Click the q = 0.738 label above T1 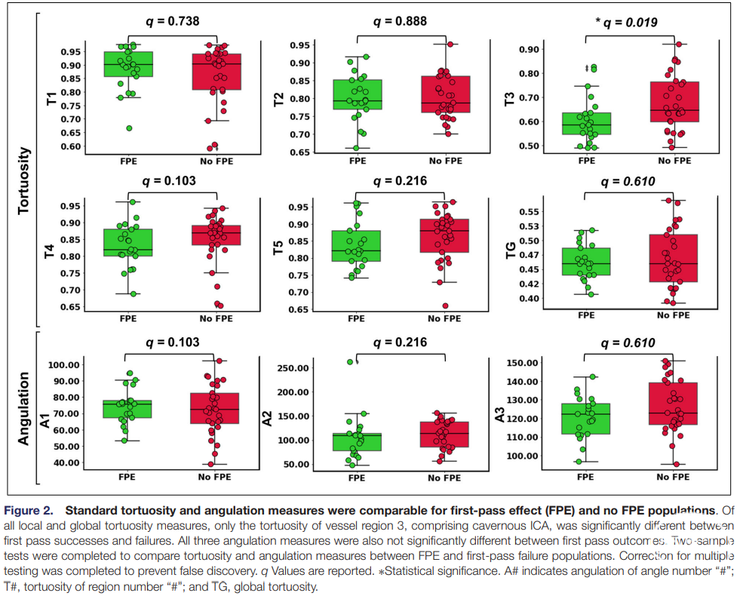[x=172, y=21]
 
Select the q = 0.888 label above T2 [x=400, y=21]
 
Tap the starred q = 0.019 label [x=626, y=23]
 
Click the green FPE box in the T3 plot [x=587, y=124]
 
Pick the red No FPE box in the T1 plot [x=216, y=72]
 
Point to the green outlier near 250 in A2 [x=351, y=362]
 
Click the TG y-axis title [x=511, y=250]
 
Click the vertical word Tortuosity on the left [x=23, y=180]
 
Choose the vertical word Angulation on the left [x=23, y=408]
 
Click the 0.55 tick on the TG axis [x=530, y=212]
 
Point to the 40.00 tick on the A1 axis [x=66, y=463]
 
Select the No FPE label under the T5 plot [x=444, y=318]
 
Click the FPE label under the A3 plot [x=585, y=477]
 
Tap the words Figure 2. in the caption [x=29, y=510]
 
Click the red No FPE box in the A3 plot [x=673, y=404]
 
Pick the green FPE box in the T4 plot [x=128, y=243]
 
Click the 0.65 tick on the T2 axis [x=300, y=152]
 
